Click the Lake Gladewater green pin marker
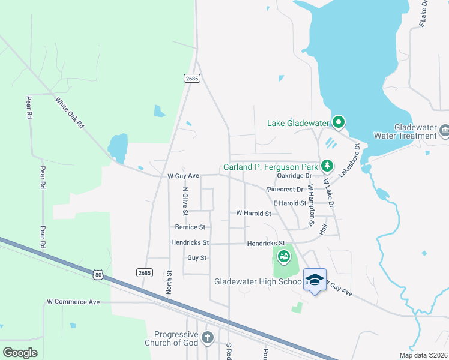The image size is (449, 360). coord(338,122)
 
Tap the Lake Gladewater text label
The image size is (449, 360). coord(298,123)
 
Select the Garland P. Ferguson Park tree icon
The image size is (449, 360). coord(327,164)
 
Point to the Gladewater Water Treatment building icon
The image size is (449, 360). coord(444,130)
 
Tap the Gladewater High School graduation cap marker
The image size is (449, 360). coord(314,280)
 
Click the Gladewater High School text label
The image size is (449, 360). coord(258,281)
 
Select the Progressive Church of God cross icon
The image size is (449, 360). coord(208,338)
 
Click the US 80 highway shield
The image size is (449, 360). coord(98,275)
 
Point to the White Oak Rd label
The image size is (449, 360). coord(70,112)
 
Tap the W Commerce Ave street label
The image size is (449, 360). coord(73,302)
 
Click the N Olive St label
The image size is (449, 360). coord(185,197)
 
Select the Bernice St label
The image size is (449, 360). coord(190,227)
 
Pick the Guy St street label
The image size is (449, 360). coord(197,257)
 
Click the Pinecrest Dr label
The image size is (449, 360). coord(285,189)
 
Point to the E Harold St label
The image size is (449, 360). coord(290,203)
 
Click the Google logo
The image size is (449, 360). coord(20,353)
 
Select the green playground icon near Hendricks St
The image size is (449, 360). coord(283,257)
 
